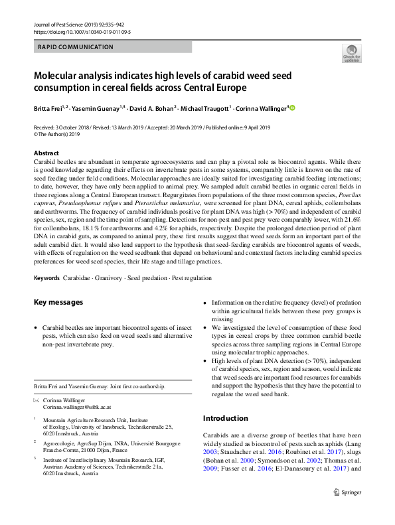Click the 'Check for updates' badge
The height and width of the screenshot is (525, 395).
click(x=351, y=53)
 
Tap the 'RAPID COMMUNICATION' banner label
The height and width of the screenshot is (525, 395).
click(x=76, y=47)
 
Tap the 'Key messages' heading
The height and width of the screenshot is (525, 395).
click(x=58, y=302)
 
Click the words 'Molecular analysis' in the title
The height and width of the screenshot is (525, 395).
click(x=78, y=76)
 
